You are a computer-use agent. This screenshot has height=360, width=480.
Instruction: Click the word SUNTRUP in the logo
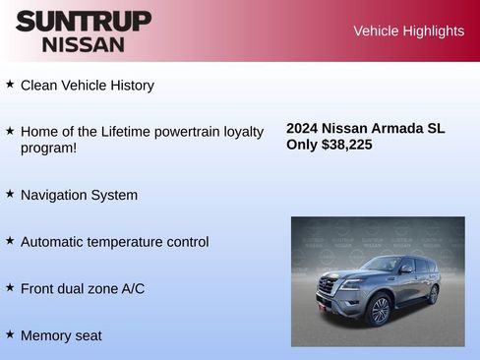(84, 21)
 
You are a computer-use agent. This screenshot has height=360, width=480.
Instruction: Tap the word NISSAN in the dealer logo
(84, 43)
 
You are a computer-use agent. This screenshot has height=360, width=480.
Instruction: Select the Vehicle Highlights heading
(408, 30)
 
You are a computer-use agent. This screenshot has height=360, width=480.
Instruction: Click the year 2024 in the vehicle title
(302, 128)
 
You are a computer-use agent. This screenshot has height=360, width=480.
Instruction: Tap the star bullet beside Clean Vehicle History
(10, 85)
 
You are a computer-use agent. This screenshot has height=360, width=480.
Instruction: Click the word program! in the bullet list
(48, 149)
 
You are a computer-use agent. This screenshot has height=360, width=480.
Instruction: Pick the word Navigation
(54, 195)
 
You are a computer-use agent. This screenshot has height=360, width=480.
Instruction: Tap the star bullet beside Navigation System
(10, 194)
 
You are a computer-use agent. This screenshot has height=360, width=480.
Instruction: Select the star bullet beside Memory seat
(10, 334)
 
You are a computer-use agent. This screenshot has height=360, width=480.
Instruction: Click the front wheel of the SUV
(378, 310)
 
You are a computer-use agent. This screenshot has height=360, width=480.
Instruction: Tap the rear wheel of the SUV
(433, 293)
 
